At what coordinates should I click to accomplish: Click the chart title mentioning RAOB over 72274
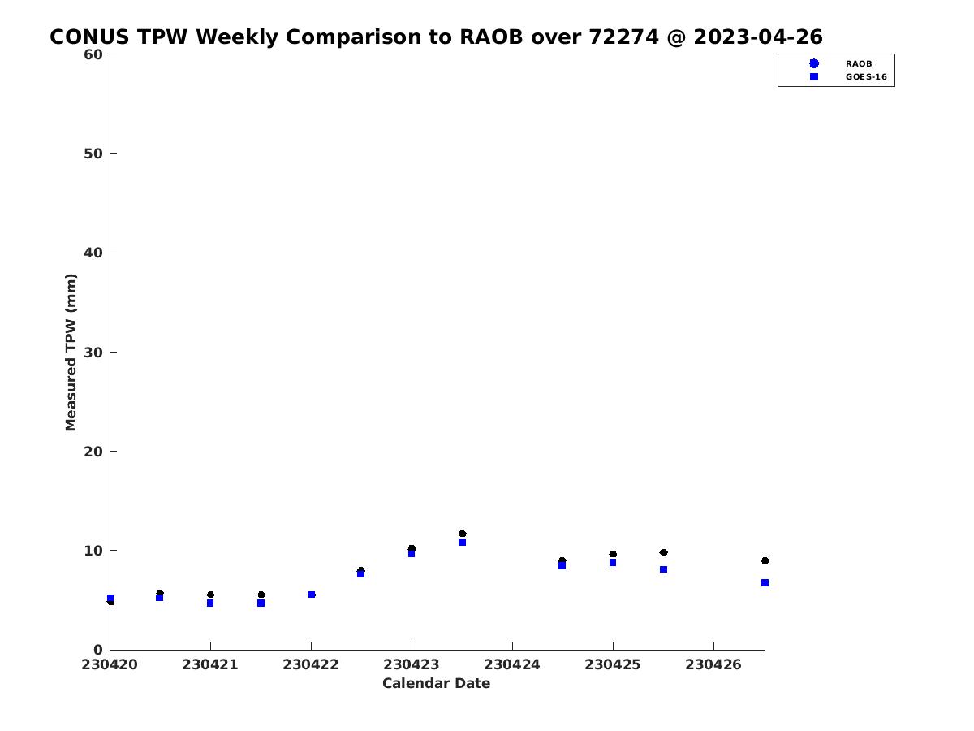(x=436, y=37)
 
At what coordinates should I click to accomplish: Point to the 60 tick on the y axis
(x=93, y=54)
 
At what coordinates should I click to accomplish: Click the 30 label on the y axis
(x=93, y=353)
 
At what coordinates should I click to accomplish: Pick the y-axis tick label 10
(x=93, y=551)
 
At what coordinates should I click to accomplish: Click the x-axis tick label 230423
(x=411, y=665)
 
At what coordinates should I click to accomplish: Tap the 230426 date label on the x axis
(x=713, y=665)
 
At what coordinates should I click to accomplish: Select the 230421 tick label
(x=210, y=665)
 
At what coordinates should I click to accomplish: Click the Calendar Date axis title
(x=436, y=683)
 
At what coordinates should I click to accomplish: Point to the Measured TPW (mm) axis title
(x=71, y=353)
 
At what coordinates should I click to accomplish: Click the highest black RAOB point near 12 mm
(x=463, y=534)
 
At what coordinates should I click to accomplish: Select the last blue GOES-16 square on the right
(x=765, y=582)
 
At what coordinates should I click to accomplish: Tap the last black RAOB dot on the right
(x=765, y=561)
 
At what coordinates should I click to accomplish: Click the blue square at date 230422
(x=312, y=595)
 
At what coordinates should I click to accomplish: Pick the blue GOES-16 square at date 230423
(x=412, y=553)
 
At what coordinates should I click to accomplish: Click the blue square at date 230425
(x=613, y=563)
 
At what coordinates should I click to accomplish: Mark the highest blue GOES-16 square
(x=463, y=543)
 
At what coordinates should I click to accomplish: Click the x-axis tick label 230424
(x=511, y=665)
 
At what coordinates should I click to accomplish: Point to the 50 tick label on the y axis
(x=93, y=154)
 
